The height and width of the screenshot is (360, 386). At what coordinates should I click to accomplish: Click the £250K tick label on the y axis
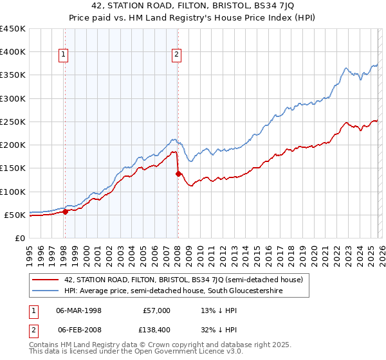pos(13,122)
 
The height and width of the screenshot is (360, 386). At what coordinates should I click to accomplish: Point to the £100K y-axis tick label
pos(13,192)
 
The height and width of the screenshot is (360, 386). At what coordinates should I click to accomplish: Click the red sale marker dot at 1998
pos(65,212)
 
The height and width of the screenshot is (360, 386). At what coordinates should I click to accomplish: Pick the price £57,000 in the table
pos(156,310)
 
